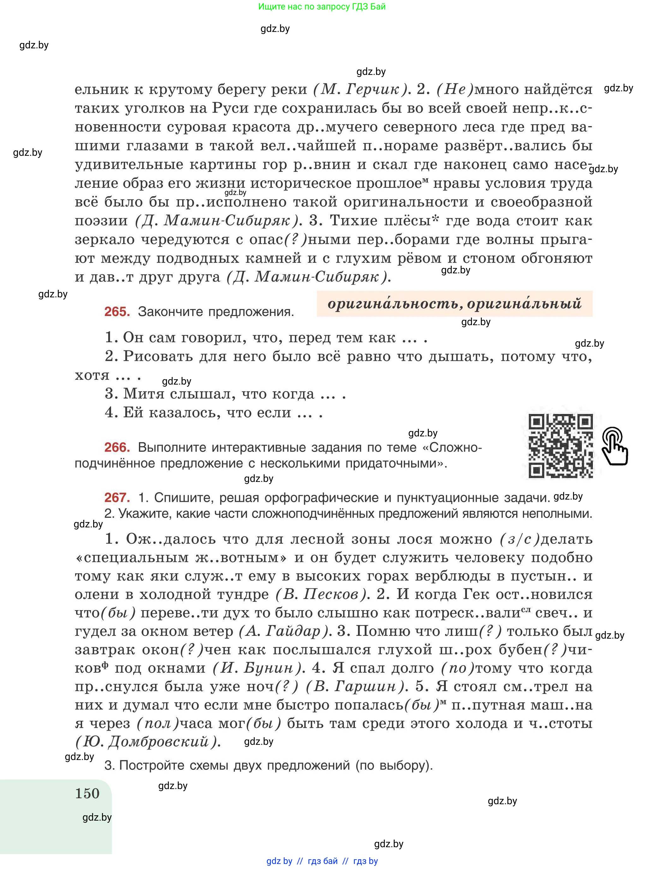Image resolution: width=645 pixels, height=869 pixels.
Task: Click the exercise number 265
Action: tap(117, 312)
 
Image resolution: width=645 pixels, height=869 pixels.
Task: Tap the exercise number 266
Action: tap(117, 447)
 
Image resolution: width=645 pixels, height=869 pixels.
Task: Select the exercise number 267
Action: tap(117, 498)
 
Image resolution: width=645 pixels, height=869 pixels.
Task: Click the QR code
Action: tap(560, 446)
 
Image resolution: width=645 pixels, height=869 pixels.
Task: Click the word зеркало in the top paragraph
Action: tap(104, 240)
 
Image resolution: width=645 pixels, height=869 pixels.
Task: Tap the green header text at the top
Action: tap(322, 7)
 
